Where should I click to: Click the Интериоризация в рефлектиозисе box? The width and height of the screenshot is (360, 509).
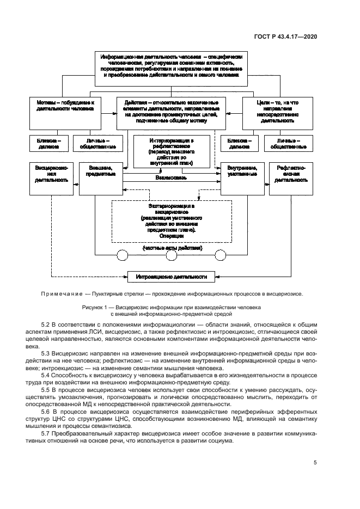[172, 152]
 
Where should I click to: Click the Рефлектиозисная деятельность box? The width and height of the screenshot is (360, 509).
[291, 177]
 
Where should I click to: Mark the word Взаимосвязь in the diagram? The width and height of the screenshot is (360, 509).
[171, 177]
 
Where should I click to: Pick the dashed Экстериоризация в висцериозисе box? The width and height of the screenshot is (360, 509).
[172, 221]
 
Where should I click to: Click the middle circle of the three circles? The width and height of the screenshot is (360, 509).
[172, 254]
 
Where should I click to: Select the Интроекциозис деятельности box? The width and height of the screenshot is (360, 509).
[172, 277]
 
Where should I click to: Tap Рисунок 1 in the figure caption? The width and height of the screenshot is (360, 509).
[95, 308]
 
